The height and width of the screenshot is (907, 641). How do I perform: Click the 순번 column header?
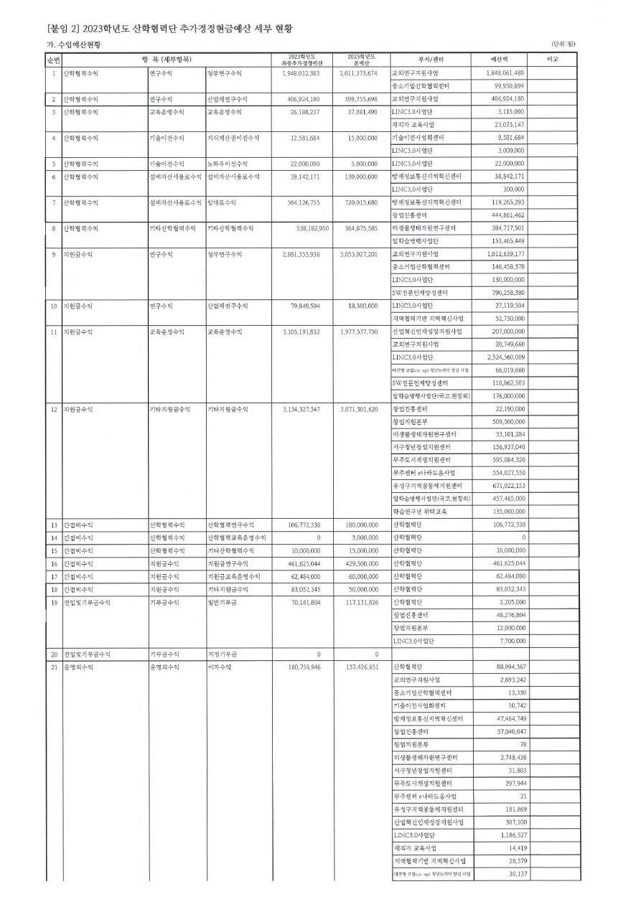pos(53,60)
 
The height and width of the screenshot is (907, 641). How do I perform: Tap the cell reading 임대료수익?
pos(220,202)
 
